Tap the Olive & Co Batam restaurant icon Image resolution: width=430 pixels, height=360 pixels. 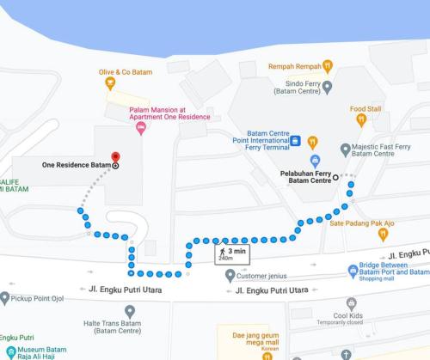tap(109, 83)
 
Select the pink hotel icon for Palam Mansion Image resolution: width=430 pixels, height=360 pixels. tap(141, 128)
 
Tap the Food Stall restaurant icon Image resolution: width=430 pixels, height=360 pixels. tap(365, 121)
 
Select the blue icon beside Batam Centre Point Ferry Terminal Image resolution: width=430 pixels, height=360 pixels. tap(295, 141)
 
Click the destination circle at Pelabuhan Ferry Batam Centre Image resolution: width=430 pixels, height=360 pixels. tap(335, 180)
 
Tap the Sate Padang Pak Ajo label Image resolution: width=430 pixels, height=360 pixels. tap(361, 223)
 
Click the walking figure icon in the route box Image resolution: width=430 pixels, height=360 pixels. tap(223, 251)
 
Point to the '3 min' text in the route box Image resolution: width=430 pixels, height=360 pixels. tap(237, 251)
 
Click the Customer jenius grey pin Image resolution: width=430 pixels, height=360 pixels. tap(229, 276)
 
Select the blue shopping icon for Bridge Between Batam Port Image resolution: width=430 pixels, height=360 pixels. tap(353, 272)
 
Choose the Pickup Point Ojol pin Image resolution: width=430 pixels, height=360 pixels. tap(6, 298)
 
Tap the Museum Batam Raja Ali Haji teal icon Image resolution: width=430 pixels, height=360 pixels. tap(10, 351)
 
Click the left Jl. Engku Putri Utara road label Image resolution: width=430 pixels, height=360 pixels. tap(125, 290)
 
